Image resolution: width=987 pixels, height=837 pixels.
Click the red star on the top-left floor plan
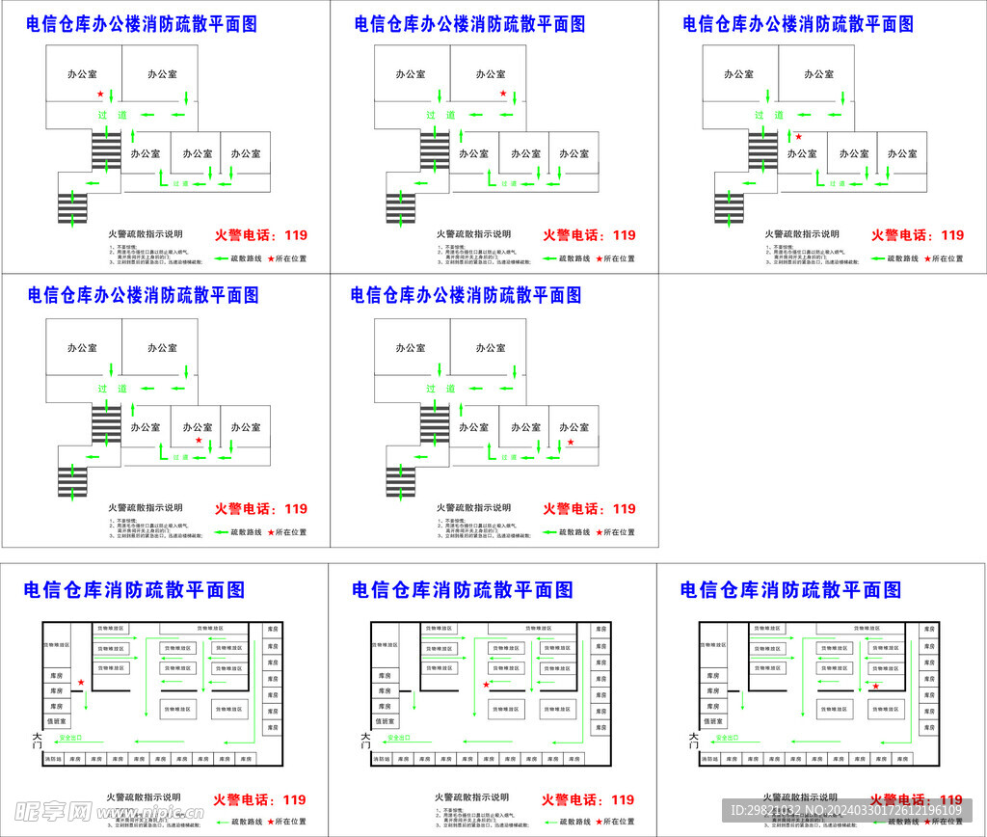click(100, 94)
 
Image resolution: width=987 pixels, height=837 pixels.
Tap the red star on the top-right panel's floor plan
click(798, 137)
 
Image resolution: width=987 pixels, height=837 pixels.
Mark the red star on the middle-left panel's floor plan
click(199, 441)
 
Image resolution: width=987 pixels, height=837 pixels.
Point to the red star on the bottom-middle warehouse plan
click(486, 685)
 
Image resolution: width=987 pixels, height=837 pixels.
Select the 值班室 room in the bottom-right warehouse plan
click(712, 721)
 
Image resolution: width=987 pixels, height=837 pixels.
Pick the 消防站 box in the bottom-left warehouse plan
click(53, 759)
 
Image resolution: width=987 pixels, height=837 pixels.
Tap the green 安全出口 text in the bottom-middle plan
click(398, 738)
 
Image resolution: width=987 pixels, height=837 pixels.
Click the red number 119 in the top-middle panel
click(625, 235)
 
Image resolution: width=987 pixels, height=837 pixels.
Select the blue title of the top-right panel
click(798, 24)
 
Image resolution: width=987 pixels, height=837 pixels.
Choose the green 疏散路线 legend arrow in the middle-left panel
click(222, 532)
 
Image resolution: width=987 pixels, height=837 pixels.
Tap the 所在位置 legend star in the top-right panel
click(928, 258)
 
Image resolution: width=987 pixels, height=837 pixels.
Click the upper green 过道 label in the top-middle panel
click(440, 115)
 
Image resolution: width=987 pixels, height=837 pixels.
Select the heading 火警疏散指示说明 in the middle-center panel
click(473, 507)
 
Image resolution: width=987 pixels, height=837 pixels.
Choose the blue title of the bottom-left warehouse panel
click(134, 589)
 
